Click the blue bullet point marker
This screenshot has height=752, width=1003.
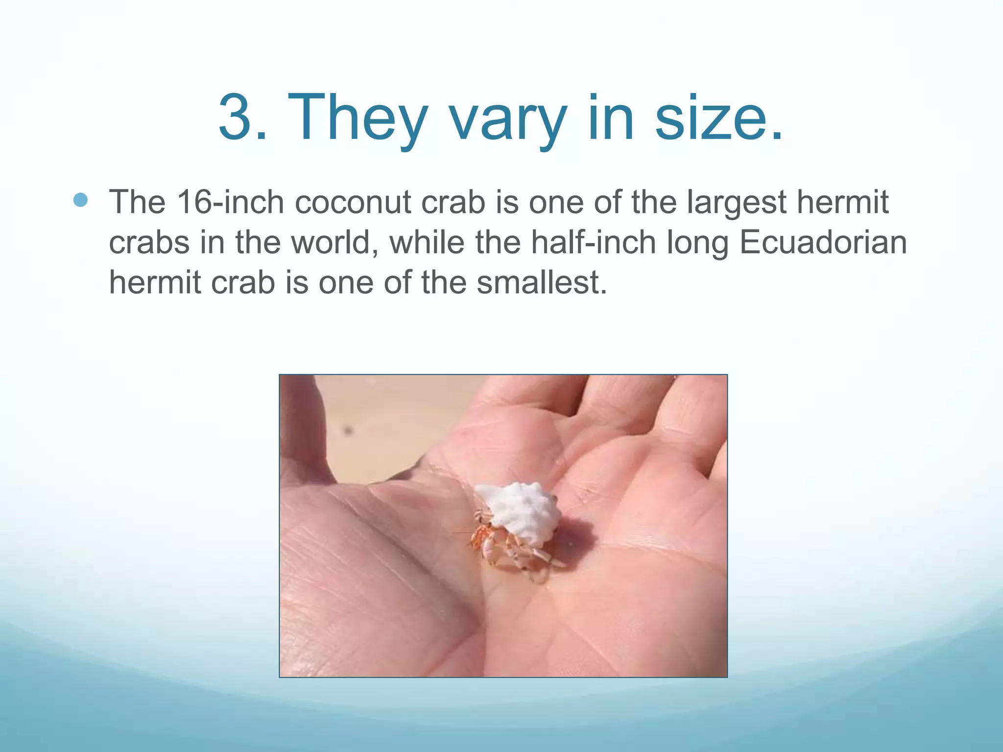click(80, 200)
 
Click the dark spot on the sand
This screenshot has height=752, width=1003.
click(348, 431)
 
